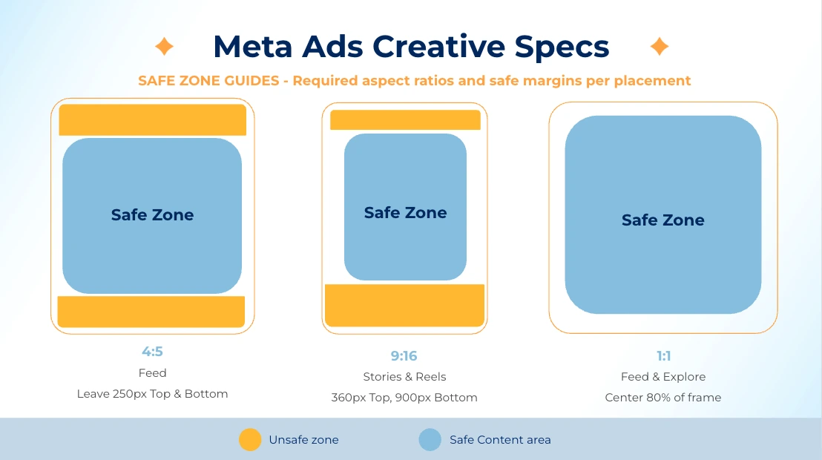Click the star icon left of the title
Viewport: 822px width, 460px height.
coord(164,47)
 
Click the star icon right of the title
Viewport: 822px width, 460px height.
coord(659,47)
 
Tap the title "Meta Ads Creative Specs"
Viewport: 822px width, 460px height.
coord(411,47)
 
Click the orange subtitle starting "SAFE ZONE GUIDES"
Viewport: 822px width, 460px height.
coord(414,80)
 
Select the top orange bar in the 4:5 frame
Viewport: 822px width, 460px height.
coord(152,120)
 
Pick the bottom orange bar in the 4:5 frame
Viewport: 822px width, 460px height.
coord(151,312)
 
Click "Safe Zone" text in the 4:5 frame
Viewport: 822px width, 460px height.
coord(152,215)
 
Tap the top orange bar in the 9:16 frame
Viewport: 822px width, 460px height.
coord(405,120)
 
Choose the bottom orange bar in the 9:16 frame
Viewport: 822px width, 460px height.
coord(405,305)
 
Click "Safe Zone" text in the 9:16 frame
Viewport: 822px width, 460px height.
coord(405,213)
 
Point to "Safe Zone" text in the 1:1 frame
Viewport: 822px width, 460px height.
coord(662,220)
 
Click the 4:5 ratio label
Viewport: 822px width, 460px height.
coord(152,352)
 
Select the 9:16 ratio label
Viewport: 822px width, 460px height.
coord(404,356)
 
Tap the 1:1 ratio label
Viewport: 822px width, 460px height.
coord(663,356)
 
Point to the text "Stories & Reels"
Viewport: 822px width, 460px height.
coord(404,377)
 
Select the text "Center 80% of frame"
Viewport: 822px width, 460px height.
coord(662,398)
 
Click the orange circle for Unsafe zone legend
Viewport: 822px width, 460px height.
coord(250,440)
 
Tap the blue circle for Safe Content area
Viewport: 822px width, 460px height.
coord(430,440)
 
